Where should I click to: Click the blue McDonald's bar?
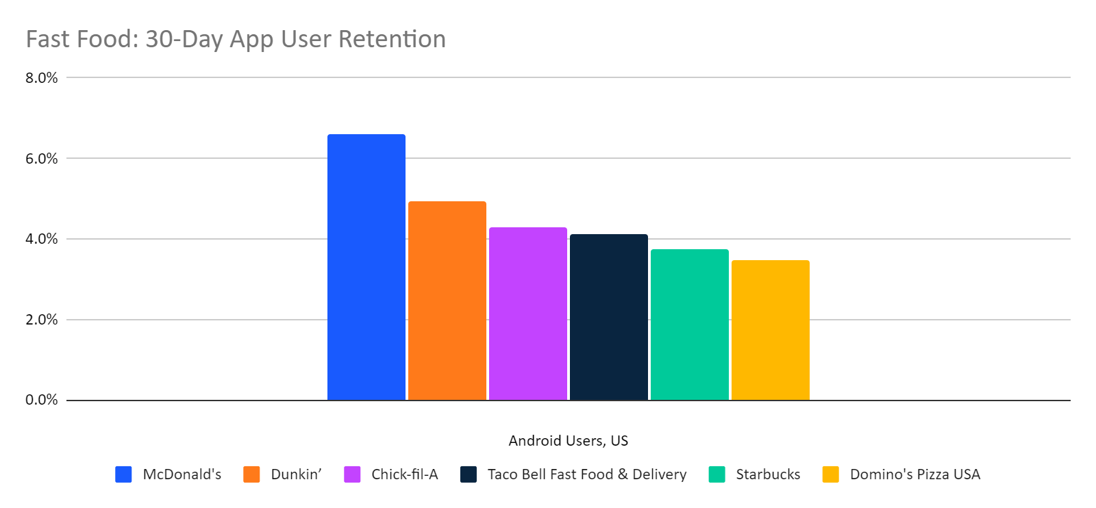pyautogui.click(x=366, y=267)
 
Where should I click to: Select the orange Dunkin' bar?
pyautogui.click(x=447, y=301)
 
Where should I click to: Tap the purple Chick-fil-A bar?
pyautogui.click(x=527, y=314)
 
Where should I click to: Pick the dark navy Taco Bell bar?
pyautogui.click(x=608, y=317)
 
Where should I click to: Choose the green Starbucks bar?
pyautogui.click(x=689, y=325)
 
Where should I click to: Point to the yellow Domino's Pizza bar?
pyautogui.click(x=770, y=330)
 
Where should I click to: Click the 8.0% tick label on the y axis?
pyautogui.click(x=42, y=78)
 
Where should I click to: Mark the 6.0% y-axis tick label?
pyautogui.click(x=42, y=159)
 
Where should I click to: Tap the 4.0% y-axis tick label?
pyautogui.click(x=42, y=239)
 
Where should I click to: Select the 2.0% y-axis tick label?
pyautogui.click(x=42, y=320)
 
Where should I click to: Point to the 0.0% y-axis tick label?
pyautogui.click(x=42, y=400)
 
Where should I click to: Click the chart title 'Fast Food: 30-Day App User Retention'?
pyautogui.click(x=236, y=39)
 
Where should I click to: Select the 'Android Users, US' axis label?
pyautogui.click(x=568, y=441)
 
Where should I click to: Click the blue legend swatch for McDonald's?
pyautogui.click(x=123, y=474)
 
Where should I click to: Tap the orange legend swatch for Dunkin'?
pyautogui.click(x=251, y=474)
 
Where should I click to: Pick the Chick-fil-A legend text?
pyautogui.click(x=404, y=474)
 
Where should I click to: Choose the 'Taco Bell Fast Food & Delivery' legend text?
pyautogui.click(x=586, y=474)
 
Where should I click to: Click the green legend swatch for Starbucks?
pyautogui.click(x=717, y=474)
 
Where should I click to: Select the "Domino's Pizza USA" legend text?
pyautogui.click(x=914, y=474)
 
